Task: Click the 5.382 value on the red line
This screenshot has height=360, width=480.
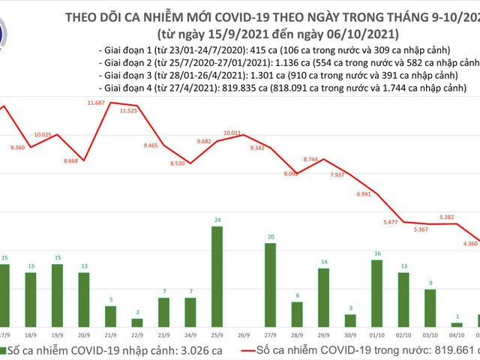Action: pyautogui.click(x=446, y=217)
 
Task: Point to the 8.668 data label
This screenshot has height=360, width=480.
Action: pyautogui.click(x=72, y=162)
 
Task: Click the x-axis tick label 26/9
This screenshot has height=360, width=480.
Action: pyautogui.click(x=243, y=337)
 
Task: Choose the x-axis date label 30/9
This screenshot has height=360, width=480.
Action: pyautogui.click(x=350, y=337)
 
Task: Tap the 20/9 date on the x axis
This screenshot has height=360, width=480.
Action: pyautogui.click(x=82, y=337)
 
